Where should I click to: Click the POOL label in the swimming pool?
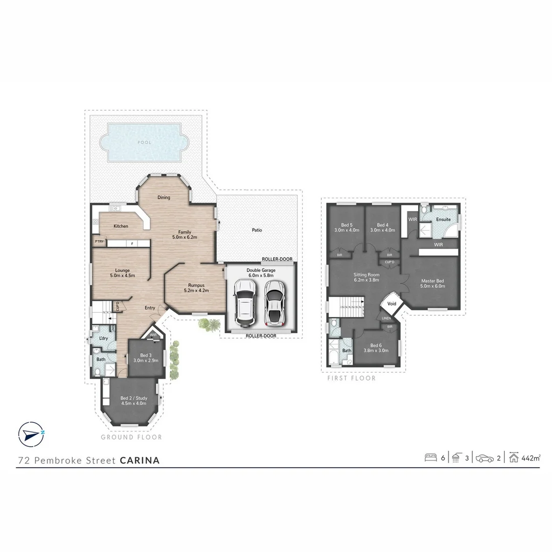pyautogui.click(x=145, y=142)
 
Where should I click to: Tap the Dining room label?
pyautogui.click(x=164, y=197)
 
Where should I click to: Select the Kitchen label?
pyautogui.click(x=121, y=226)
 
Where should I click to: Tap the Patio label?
pyautogui.click(x=257, y=230)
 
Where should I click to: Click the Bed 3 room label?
pyautogui.click(x=146, y=358)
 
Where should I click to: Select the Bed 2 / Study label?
pyautogui.click(x=134, y=401)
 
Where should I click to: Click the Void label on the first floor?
pyautogui.click(x=392, y=304)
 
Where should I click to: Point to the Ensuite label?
pyautogui.click(x=443, y=219)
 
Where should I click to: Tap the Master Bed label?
pyautogui.click(x=432, y=283)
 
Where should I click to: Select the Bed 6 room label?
pyautogui.click(x=376, y=348)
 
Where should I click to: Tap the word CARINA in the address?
pyautogui.click(x=140, y=460)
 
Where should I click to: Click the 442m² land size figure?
pyautogui.click(x=531, y=458)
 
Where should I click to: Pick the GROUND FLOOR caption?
pyautogui.click(x=131, y=437)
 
